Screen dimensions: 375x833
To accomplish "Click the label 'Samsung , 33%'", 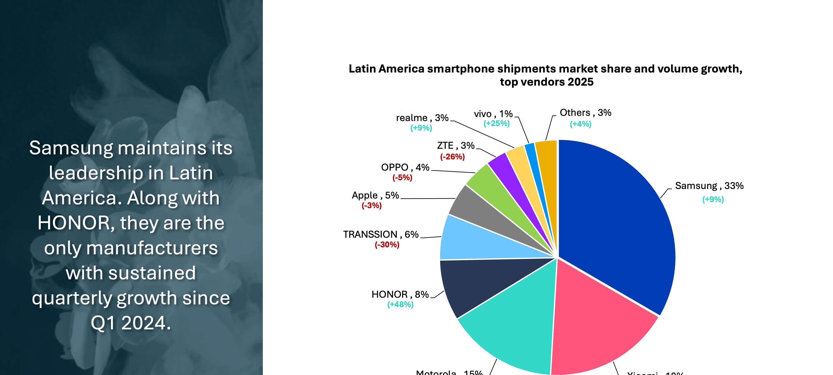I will (709, 186).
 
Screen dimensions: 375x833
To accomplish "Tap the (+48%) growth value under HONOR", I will (400, 304).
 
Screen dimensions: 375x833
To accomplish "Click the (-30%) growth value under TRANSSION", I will (387, 245).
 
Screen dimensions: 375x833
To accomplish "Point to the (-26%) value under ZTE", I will (452, 157).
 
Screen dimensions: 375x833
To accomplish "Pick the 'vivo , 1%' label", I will (493, 114).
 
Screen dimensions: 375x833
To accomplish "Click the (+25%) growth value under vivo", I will (496, 123).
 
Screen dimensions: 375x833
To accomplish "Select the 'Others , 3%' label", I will (585, 112).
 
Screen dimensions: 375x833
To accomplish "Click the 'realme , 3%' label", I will (422, 118).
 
